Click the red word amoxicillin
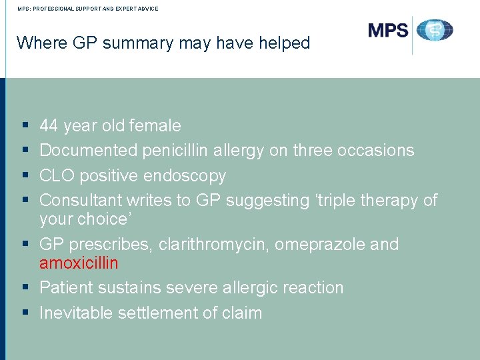(79, 263)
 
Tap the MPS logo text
(387, 31)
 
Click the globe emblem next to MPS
(435, 31)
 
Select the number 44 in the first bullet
(49, 126)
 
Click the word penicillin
(175, 151)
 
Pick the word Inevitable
(77, 313)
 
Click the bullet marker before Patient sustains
(25, 288)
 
